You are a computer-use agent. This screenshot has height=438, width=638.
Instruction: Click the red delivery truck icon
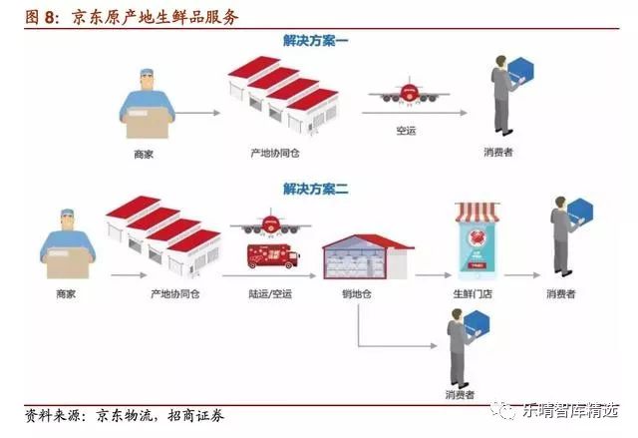pyautogui.click(x=273, y=255)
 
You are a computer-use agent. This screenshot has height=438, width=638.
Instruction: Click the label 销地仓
pyautogui.click(x=358, y=294)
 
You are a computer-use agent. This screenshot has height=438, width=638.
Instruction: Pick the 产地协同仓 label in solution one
pyautogui.click(x=274, y=155)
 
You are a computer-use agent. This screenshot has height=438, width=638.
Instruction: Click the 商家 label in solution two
pyautogui.click(x=66, y=294)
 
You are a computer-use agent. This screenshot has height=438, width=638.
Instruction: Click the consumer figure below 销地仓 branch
pyautogui.click(x=463, y=349)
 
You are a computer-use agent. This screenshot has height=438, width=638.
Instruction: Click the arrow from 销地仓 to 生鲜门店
pyautogui.click(x=432, y=273)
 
